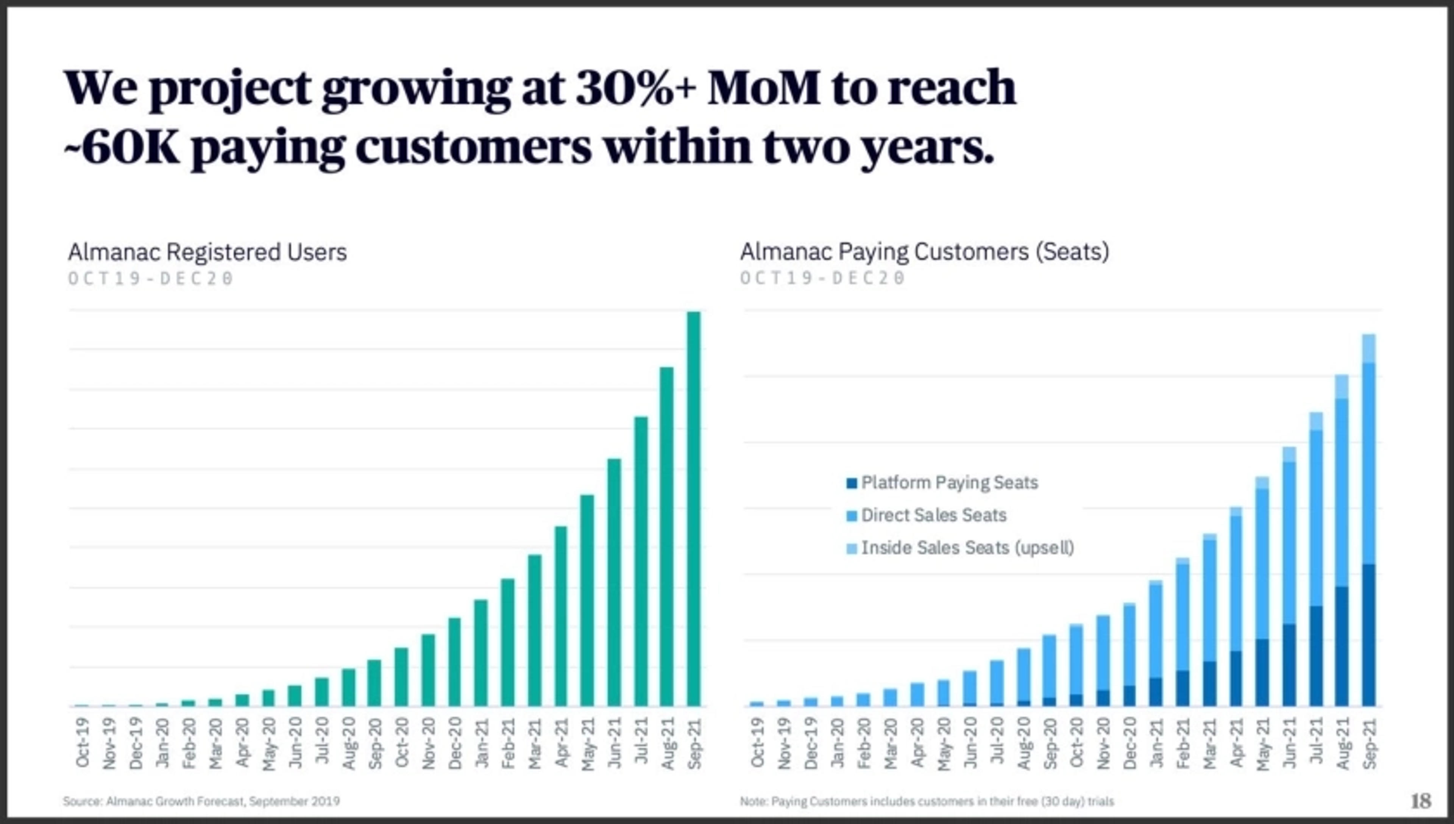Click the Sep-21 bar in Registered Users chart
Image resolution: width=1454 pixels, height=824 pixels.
694,509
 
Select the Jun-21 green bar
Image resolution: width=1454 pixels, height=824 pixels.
614,582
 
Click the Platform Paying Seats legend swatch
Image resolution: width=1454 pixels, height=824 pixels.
852,483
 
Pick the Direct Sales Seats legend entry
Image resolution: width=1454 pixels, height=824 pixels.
926,515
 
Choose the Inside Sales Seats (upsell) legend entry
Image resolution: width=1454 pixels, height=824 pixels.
960,548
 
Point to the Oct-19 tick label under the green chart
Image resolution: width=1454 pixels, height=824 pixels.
83,743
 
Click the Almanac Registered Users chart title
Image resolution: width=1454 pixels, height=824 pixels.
207,252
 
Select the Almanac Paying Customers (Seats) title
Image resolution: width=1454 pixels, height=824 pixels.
924,252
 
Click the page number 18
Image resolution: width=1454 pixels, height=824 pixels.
1421,801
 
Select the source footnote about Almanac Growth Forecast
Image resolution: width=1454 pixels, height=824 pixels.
201,801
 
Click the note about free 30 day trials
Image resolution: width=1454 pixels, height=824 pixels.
927,801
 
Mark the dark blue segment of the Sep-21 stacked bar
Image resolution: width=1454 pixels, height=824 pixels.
1368,635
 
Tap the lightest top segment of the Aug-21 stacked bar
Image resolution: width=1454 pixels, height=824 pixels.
1342,387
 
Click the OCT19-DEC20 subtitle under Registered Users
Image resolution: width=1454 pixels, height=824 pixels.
150,278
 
